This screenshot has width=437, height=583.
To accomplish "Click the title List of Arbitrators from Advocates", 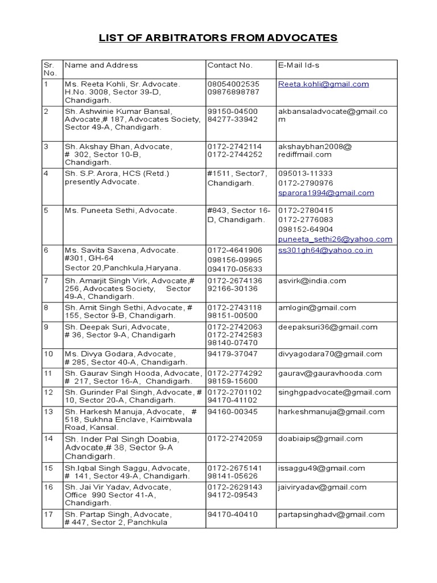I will tap(218, 38).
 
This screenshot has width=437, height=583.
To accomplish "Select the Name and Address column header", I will tap(101, 65).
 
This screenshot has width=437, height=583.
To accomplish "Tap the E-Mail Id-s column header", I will tap(299, 65).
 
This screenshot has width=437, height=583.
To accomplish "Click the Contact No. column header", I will tap(230, 65).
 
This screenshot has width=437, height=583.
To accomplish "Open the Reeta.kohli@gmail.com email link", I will tap(323, 84).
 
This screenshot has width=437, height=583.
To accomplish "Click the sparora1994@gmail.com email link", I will tap(326, 193).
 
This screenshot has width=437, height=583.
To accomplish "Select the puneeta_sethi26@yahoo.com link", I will tap(335, 239).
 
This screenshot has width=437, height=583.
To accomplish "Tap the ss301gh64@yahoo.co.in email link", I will tap(325, 251).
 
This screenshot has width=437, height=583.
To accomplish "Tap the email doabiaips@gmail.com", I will tap(320, 438).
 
